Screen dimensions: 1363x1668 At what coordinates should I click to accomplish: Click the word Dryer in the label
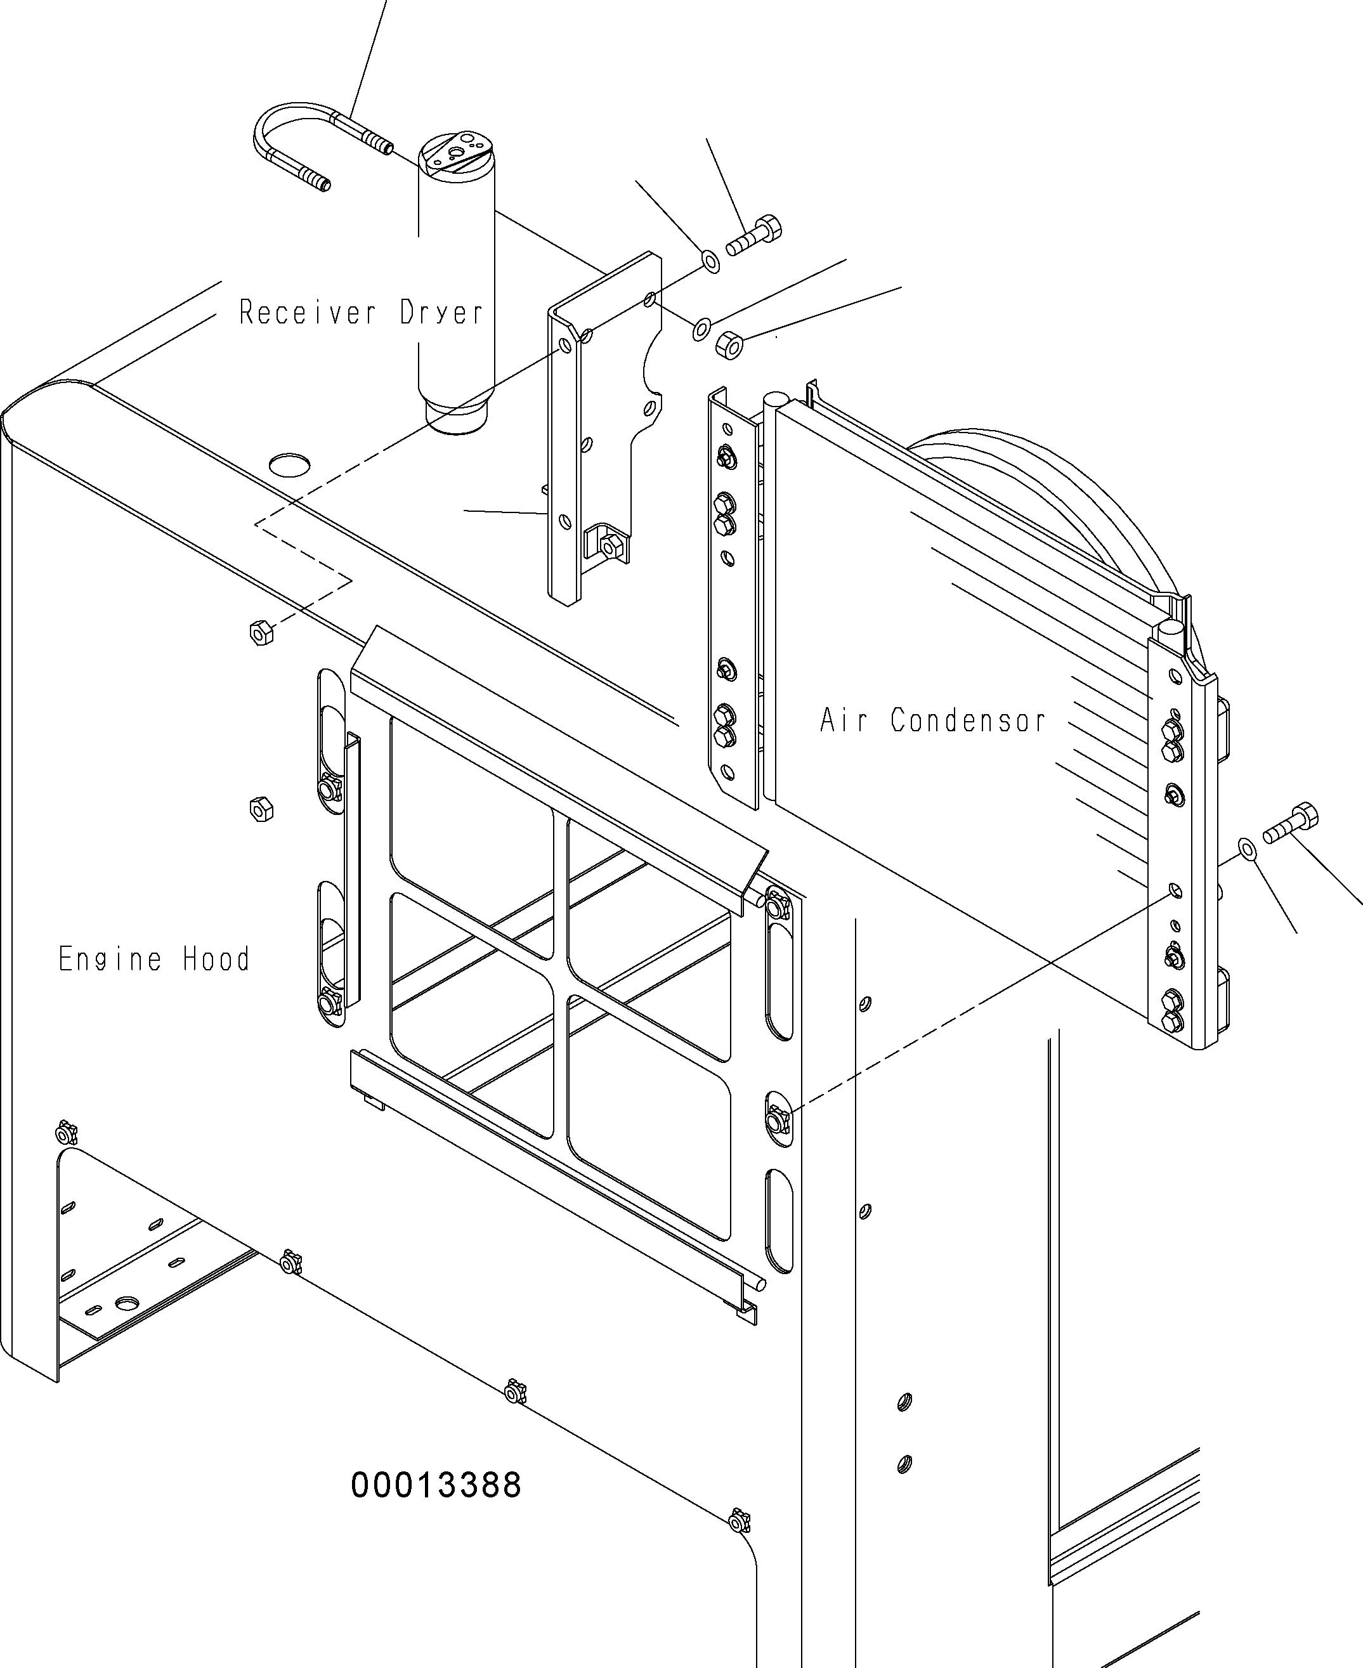click(x=441, y=313)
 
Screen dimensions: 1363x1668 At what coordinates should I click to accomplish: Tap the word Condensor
click(x=968, y=720)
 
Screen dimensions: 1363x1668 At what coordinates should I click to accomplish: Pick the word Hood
click(x=216, y=958)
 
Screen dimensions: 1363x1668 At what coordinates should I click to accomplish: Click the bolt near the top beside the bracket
click(x=753, y=235)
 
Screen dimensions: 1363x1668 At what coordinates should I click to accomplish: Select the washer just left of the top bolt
click(x=710, y=261)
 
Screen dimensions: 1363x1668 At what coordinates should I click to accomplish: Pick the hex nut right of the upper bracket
click(x=729, y=344)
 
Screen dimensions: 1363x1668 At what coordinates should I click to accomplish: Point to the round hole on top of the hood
click(x=289, y=464)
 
